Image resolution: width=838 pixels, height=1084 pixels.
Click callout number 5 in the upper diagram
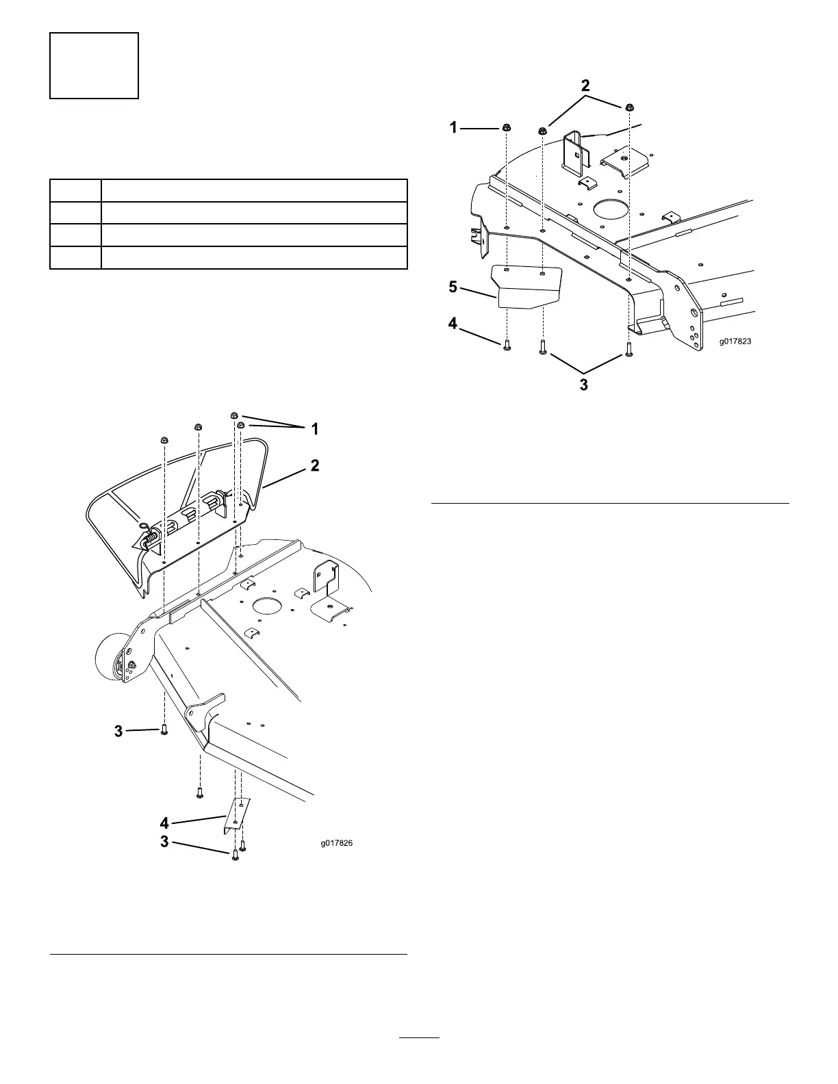pyautogui.click(x=453, y=287)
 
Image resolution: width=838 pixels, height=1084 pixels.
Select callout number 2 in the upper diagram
pyautogui.click(x=585, y=86)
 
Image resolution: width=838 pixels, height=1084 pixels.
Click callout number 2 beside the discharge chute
pyautogui.click(x=314, y=465)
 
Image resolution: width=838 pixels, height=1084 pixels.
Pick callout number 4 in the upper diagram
pyautogui.click(x=453, y=323)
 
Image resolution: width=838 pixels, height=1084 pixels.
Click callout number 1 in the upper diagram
pyautogui.click(x=454, y=127)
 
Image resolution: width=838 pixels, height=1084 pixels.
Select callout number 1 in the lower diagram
pyautogui.click(x=314, y=429)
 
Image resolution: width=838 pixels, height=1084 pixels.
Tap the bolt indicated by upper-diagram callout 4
pyautogui.click(x=507, y=345)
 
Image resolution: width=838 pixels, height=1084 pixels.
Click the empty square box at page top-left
pyautogui.click(x=94, y=65)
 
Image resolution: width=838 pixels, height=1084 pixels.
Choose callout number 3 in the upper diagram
pyautogui.click(x=583, y=385)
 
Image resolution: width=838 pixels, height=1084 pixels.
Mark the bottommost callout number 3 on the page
pyautogui.click(x=164, y=842)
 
